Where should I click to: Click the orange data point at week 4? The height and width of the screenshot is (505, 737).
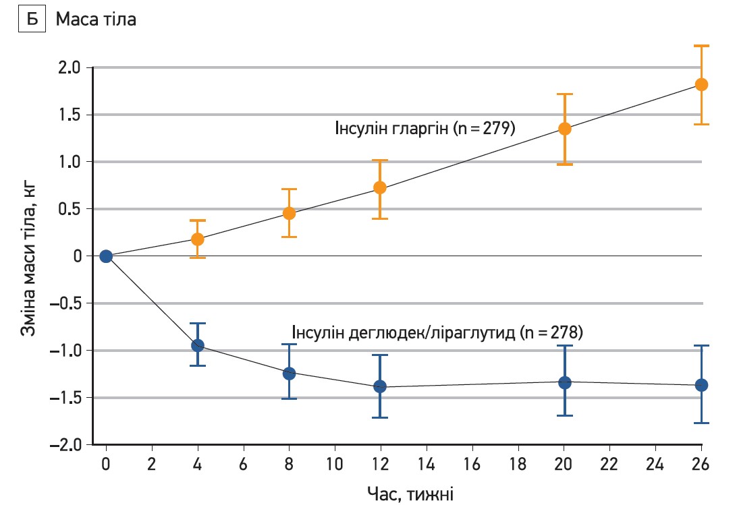point(198,239)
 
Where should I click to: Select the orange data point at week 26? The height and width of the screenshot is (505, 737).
point(701,85)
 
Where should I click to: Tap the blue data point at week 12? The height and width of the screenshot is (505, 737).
point(379,386)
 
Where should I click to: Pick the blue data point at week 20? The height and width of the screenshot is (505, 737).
point(564,382)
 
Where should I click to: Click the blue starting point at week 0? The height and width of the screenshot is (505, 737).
point(106,256)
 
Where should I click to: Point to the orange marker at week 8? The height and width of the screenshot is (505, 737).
point(289,213)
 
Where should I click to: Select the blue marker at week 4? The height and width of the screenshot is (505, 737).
point(198,345)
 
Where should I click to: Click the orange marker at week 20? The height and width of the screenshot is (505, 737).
point(564,129)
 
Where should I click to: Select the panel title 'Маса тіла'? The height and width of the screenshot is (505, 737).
point(96,20)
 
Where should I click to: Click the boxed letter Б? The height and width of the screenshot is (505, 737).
point(31,20)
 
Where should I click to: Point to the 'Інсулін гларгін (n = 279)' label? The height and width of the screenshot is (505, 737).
point(425,128)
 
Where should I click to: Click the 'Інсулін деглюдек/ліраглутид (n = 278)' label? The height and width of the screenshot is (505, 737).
point(437,332)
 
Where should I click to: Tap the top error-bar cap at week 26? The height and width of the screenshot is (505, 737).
point(701,46)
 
